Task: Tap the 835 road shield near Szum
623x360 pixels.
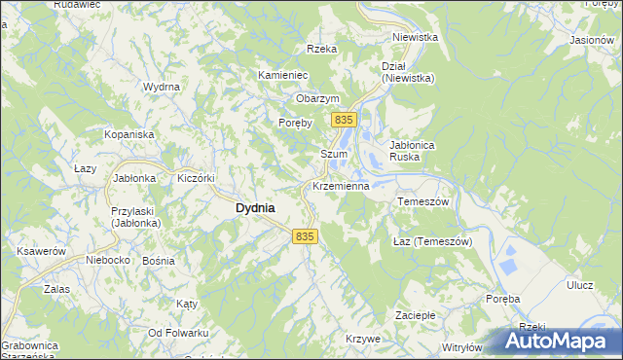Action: point(342,120)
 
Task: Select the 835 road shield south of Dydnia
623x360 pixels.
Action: point(305,236)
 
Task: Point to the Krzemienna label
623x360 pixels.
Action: point(339,186)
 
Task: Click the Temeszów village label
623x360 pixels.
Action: point(422,201)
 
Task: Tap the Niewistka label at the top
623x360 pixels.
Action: point(415,37)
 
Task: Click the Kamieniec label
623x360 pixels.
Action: point(282,75)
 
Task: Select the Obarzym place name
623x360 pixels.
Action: point(317,99)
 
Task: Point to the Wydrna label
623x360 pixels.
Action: point(162,88)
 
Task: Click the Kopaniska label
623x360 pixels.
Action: point(129,133)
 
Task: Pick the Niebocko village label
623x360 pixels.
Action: point(108,260)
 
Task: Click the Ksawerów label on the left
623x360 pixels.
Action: point(41,251)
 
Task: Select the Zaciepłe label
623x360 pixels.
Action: point(421,316)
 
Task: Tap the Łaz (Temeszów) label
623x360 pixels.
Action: point(431,241)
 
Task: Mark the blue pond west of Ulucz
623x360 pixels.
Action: point(507,261)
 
